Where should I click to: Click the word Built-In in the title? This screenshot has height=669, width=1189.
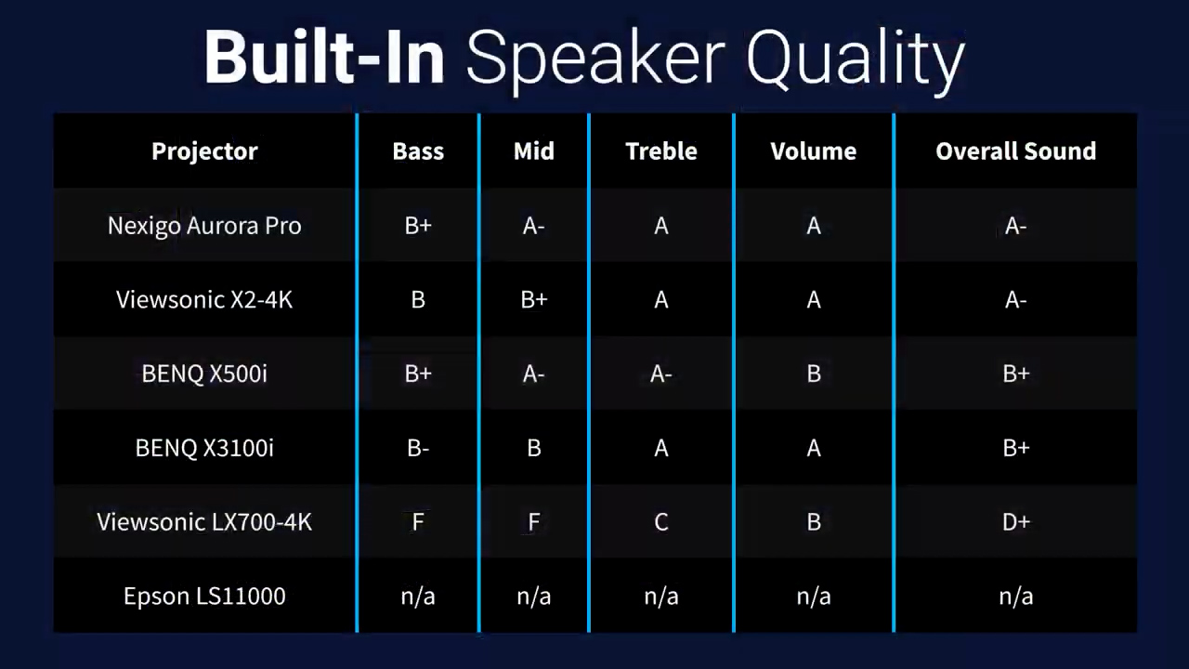tap(325, 57)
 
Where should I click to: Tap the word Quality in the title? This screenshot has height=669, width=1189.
tap(856, 61)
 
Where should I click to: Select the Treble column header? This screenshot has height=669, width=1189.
tap(661, 151)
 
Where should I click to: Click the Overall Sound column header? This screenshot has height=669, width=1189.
tap(1016, 151)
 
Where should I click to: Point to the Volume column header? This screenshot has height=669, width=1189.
tap(814, 151)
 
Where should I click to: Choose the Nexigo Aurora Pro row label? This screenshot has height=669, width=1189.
tap(204, 226)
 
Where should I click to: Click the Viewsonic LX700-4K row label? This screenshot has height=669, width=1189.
tap(204, 522)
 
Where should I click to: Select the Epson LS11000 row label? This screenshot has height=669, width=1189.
tap(204, 597)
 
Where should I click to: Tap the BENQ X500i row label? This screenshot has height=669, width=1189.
tap(204, 374)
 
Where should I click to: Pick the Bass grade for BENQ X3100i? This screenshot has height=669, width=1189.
tap(418, 448)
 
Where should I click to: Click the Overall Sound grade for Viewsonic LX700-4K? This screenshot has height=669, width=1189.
tap(1016, 522)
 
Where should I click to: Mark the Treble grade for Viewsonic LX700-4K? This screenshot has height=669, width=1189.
tap(661, 522)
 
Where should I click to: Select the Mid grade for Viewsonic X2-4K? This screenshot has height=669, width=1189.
tap(534, 300)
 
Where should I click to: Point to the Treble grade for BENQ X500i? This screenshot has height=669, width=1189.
tap(661, 374)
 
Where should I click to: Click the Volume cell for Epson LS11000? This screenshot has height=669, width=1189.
tap(814, 597)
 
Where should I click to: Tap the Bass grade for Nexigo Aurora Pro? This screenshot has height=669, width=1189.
tap(418, 226)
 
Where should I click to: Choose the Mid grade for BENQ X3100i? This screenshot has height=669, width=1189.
tap(534, 448)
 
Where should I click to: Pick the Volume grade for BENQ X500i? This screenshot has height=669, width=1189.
tap(814, 374)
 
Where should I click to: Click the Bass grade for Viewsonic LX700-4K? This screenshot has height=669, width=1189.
tap(418, 522)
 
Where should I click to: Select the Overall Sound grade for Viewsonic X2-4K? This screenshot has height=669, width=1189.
tap(1016, 300)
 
